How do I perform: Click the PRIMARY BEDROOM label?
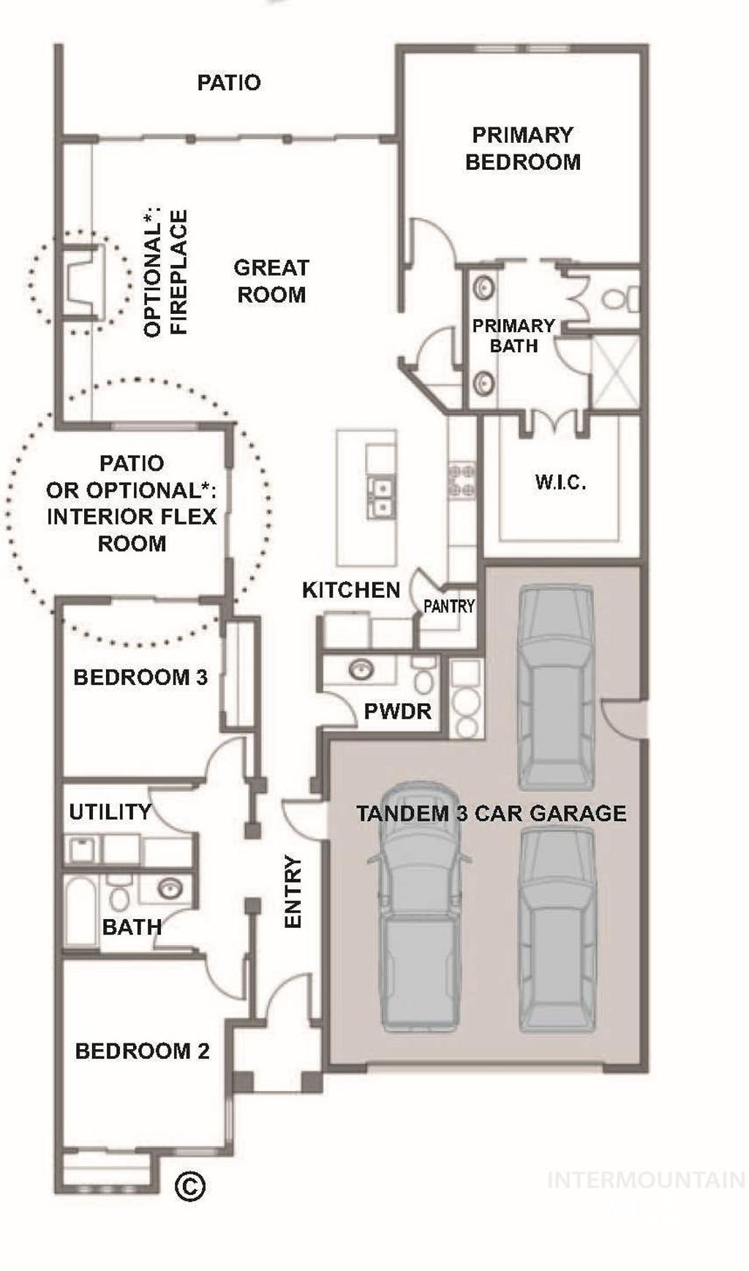(522, 149)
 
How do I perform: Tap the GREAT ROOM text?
(271, 281)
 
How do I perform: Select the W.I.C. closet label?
(560, 482)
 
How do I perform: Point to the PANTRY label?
(449, 606)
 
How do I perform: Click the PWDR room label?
(397, 711)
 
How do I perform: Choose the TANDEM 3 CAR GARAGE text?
(491, 813)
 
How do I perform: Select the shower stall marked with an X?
(614, 372)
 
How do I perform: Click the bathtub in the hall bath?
(80, 910)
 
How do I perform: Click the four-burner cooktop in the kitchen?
(462, 480)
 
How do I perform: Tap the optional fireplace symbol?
(82, 282)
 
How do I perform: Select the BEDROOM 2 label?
(142, 1051)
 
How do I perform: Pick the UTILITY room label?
(110, 811)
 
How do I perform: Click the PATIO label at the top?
(229, 83)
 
